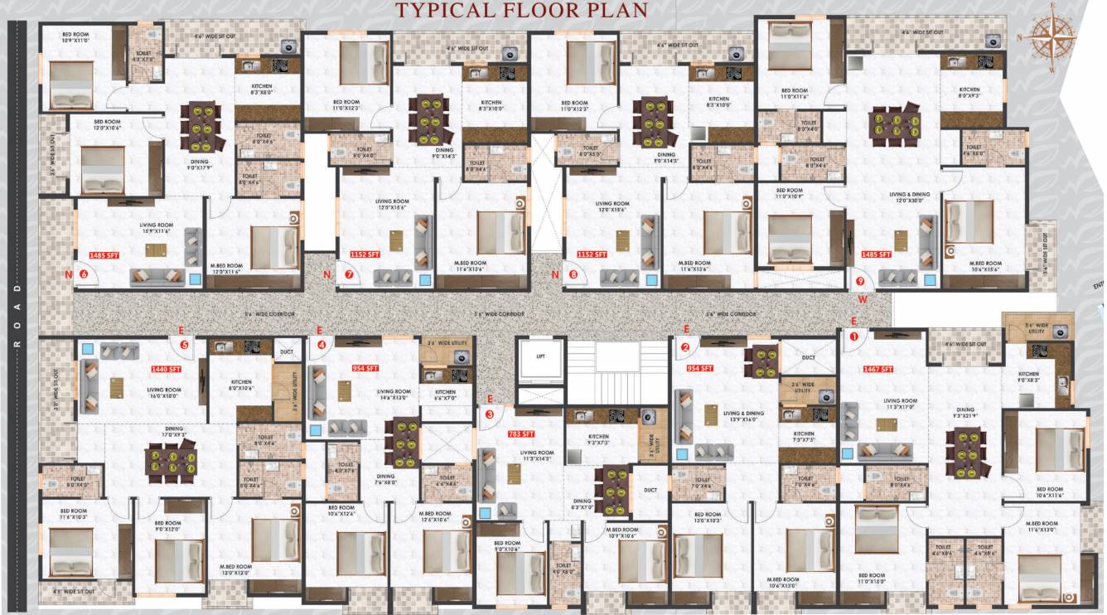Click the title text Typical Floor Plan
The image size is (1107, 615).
pos(522,10)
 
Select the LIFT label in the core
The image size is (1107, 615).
pos(540,356)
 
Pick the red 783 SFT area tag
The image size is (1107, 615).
pos(521,433)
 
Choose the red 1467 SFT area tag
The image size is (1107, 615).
pos(877,369)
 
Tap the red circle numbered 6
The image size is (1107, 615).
pos(84,274)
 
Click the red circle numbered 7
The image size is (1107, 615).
pos(349,274)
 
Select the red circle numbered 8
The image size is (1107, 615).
pos(573,274)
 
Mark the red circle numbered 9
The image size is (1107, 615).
pos(862,280)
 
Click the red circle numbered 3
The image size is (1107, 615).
pos(490,414)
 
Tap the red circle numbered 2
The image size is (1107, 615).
pos(685,347)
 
